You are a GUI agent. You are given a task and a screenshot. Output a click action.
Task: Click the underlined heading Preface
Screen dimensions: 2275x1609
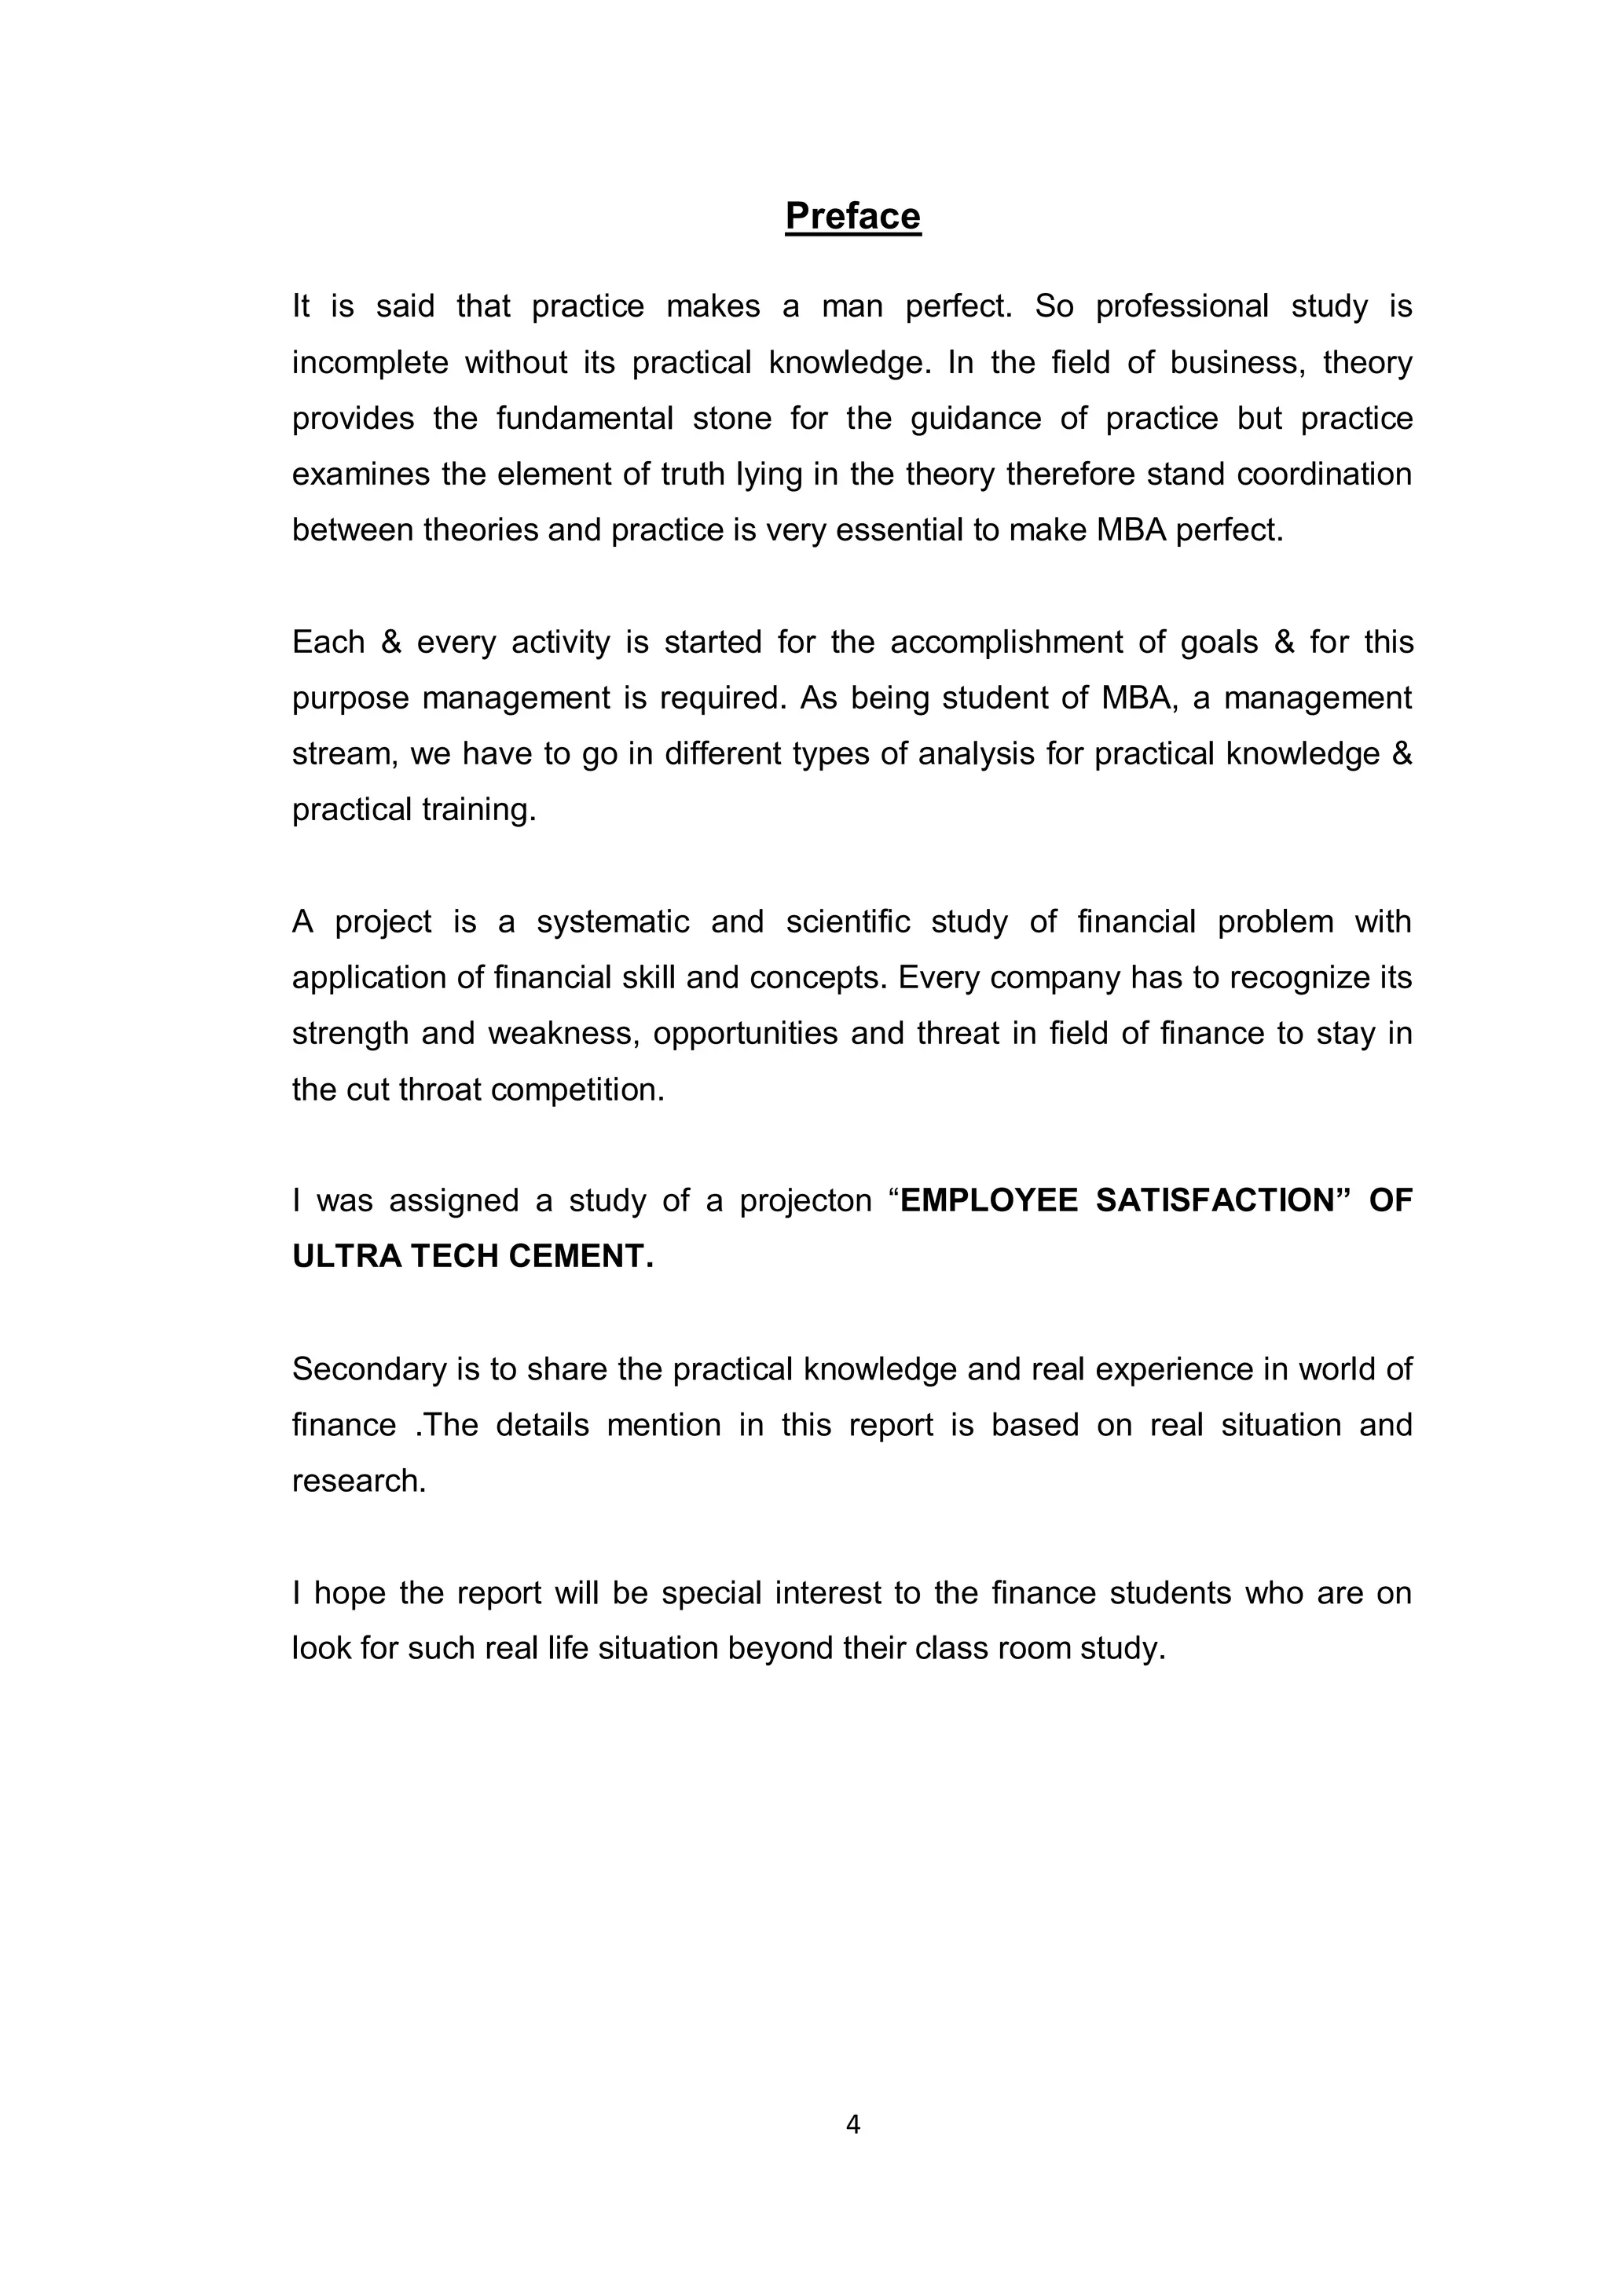852,216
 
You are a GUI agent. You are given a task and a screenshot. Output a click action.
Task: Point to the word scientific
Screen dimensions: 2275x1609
847,921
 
